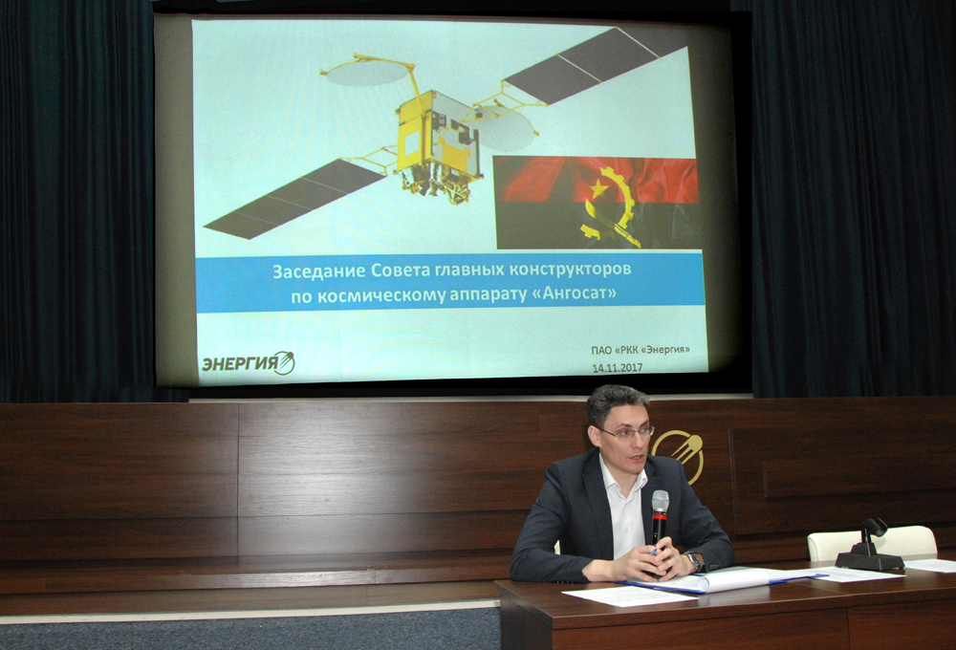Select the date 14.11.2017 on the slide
point(617,368)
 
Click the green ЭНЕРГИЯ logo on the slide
point(249,363)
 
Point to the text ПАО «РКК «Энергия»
point(641,350)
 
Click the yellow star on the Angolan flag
point(598,187)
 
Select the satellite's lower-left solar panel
point(295,199)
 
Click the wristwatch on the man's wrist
point(693,560)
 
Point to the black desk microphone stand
point(869,547)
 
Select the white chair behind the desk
point(872,543)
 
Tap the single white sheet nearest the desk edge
point(630,596)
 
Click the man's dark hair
point(616,402)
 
